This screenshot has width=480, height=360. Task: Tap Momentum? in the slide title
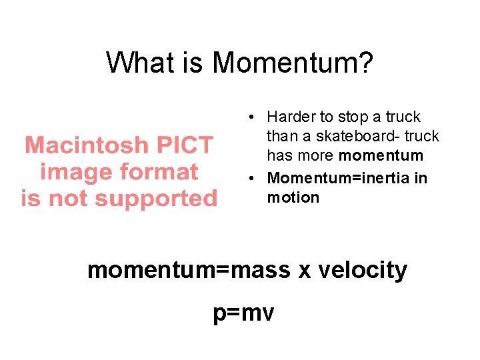293,63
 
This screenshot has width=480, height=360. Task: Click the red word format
159,171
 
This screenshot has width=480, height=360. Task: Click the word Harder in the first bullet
291,117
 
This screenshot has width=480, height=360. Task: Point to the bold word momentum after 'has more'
381,156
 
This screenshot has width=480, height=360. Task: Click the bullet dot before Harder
247,118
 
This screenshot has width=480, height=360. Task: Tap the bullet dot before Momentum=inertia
247,179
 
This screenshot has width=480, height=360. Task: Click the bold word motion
293,197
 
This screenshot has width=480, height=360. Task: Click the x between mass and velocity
305,270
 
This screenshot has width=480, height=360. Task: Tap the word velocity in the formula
363,270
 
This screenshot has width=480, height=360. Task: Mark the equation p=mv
243,313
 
